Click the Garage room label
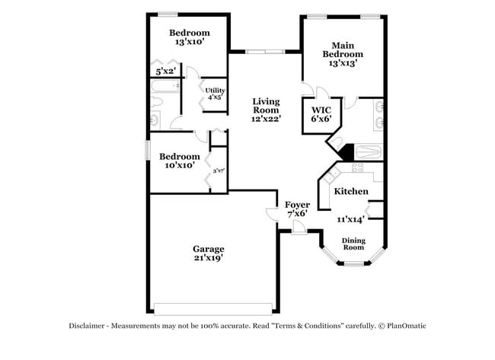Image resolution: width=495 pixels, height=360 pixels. pos(208,248)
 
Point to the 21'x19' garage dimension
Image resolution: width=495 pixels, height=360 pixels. pos(208,258)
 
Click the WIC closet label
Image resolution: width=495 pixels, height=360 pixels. pos(319,110)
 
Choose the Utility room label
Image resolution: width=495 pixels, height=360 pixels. pos(215,91)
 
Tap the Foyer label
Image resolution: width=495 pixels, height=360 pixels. pos(296,205)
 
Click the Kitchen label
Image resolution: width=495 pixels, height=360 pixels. pos(351,191)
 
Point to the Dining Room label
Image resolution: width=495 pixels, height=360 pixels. pos(353,244)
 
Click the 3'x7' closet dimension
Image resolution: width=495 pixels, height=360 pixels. pos(219,170)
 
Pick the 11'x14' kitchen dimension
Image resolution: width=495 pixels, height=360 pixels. pos(350,219)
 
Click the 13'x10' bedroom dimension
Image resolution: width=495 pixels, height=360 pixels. pos(189,43)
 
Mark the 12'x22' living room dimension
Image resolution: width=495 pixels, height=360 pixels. pos(266,119)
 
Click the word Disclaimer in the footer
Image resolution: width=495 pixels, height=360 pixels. pos(91,326)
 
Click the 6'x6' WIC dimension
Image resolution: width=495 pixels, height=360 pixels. pos(319,119)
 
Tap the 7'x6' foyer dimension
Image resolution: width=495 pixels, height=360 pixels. pos(296,215)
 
